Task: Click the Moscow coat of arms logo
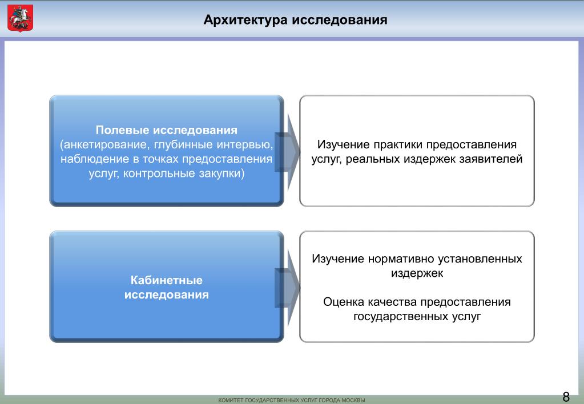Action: click(21, 18)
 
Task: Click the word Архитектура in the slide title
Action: click(245, 21)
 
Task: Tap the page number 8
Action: click(566, 397)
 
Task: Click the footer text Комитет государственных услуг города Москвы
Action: click(292, 400)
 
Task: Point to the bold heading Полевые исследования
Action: click(167, 131)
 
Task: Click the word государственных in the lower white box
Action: click(398, 316)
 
